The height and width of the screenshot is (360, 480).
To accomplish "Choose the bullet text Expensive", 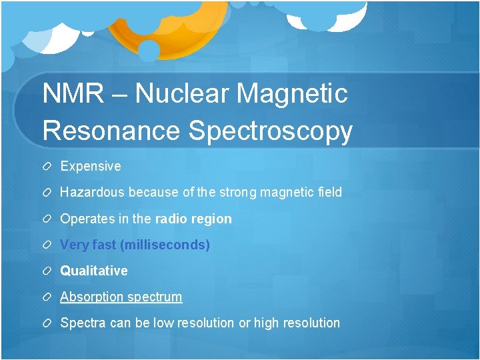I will (91, 166).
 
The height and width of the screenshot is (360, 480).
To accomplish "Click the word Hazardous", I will (93, 192).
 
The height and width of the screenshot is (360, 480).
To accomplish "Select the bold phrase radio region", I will (193, 219).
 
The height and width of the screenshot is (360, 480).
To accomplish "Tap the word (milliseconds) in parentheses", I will (165, 245).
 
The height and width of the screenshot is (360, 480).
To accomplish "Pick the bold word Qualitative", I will (94, 271).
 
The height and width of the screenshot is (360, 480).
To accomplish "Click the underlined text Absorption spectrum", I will (121, 297).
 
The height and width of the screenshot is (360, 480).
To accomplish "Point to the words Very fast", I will (88, 245).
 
